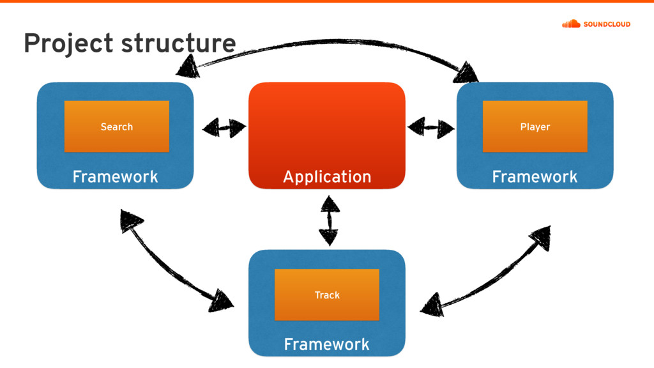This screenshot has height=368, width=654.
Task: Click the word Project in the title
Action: click(x=68, y=43)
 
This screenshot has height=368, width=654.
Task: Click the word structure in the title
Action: click(x=179, y=43)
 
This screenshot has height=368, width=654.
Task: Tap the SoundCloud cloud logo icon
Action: click(x=571, y=24)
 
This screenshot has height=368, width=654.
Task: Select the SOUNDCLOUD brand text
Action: click(x=607, y=24)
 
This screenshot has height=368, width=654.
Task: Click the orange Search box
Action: click(x=117, y=126)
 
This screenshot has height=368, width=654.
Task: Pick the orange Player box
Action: click(x=535, y=126)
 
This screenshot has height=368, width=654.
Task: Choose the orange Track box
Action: click(x=327, y=295)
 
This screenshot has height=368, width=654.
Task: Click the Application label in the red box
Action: click(x=327, y=177)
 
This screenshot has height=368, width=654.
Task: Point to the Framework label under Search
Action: click(x=115, y=177)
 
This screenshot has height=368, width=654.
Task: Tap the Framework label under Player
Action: click(x=535, y=177)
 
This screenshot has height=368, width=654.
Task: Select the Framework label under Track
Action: click(x=326, y=344)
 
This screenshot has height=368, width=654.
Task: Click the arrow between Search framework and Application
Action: click(x=224, y=128)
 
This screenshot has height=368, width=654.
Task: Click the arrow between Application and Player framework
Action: click(x=431, y=127)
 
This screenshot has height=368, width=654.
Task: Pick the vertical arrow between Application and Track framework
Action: click(x=330, y=220)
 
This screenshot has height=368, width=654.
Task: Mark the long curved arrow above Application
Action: click(x=330, y=41)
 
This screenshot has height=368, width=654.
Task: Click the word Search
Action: click(x=117, y=126)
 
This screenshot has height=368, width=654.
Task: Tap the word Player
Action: click(x=535, y=127)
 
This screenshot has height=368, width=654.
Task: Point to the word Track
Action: click(x=327, y=295)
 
